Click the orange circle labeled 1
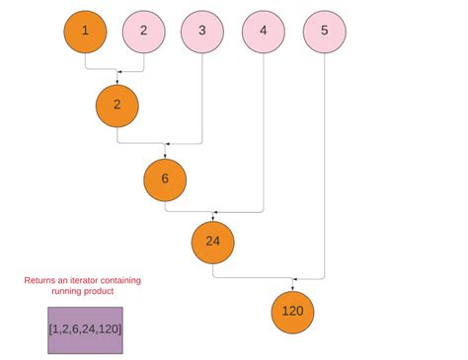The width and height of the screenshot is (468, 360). click(85, 31)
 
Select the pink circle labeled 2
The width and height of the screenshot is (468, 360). click(144, 31)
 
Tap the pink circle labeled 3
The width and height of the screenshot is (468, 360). click(202, 31)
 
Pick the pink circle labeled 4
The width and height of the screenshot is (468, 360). click(263, 31)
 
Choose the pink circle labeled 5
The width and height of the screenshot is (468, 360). click(324, 31)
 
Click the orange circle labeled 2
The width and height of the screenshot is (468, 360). click(117, 106)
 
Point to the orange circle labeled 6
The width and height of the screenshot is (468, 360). click(165, 180)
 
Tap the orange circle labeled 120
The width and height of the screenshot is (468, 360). click(292, 313)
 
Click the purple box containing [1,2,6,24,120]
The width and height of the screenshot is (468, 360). click(85, 329)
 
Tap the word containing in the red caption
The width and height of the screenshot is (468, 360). click(123, 280)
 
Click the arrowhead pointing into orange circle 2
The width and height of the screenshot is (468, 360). click(117, 72)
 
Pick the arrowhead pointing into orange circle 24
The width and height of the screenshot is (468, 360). click(214, 211)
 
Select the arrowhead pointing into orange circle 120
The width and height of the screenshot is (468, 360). click(293, 279)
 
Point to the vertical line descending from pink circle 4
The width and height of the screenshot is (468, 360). click(263, 128)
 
